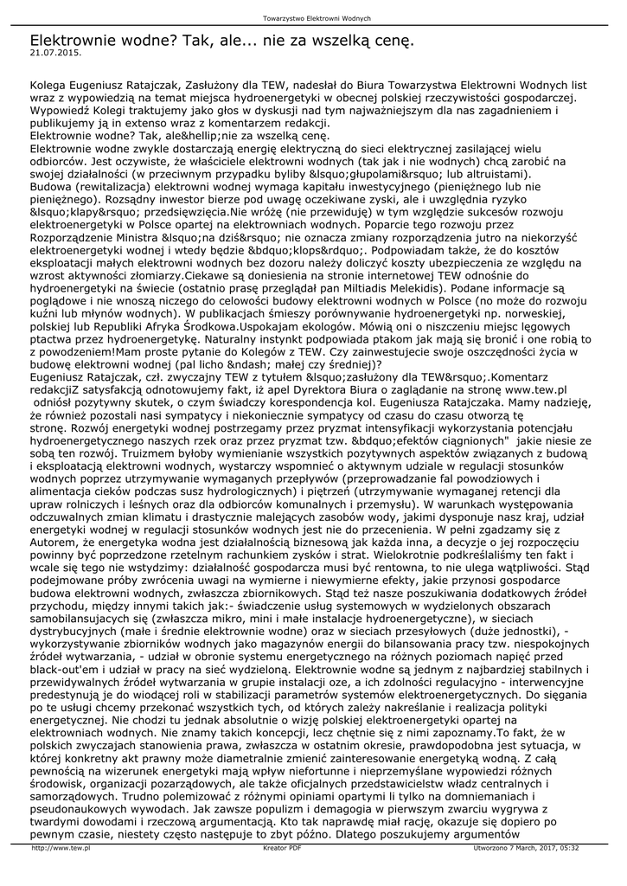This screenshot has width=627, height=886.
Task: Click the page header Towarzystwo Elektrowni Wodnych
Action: [x=317, y=18]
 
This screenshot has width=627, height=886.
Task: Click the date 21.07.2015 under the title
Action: [x=54, y=53]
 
